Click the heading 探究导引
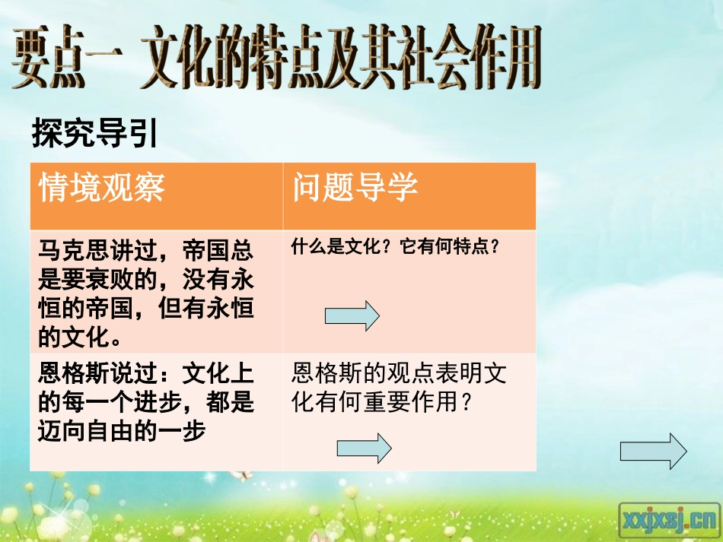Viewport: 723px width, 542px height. [x=94, y=135]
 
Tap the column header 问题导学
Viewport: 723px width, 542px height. [x=355, y=187]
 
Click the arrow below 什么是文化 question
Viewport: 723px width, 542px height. [x=352, y=315]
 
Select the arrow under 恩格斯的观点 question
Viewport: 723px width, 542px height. [x=364, y=448]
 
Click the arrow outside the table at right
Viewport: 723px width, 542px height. [x=653, y=451]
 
